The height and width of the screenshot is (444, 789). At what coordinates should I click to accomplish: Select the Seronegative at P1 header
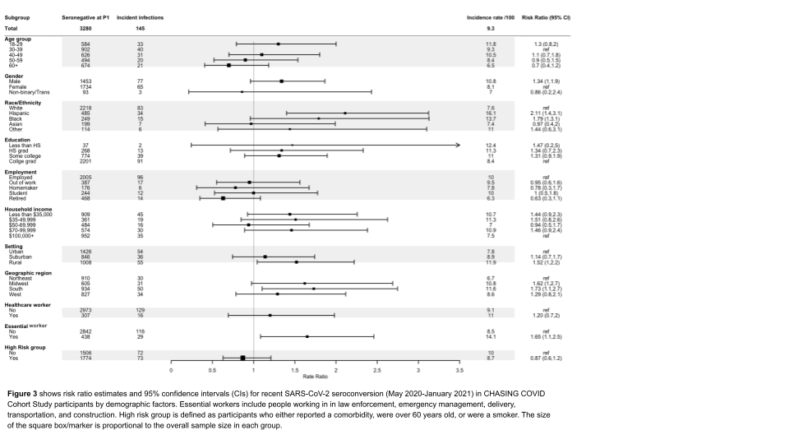tap(85, 16)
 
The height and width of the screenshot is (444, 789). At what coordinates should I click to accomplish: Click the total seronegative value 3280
tap(85, 29)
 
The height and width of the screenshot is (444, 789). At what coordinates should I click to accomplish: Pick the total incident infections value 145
tap(140, 29)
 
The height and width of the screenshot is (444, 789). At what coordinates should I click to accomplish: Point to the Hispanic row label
tap(19, 112)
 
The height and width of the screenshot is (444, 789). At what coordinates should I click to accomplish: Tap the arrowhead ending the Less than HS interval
tap(457, 145)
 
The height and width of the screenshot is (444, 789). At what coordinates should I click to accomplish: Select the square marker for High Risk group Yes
tap(243, 358)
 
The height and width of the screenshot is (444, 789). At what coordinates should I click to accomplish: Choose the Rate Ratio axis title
tap(315, 377)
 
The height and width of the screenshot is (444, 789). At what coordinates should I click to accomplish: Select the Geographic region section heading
tap(28, 272)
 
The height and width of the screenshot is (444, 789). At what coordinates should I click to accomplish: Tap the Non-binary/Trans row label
tap(28, 91)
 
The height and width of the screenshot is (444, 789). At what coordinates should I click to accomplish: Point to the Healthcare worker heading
tap(27, 305)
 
